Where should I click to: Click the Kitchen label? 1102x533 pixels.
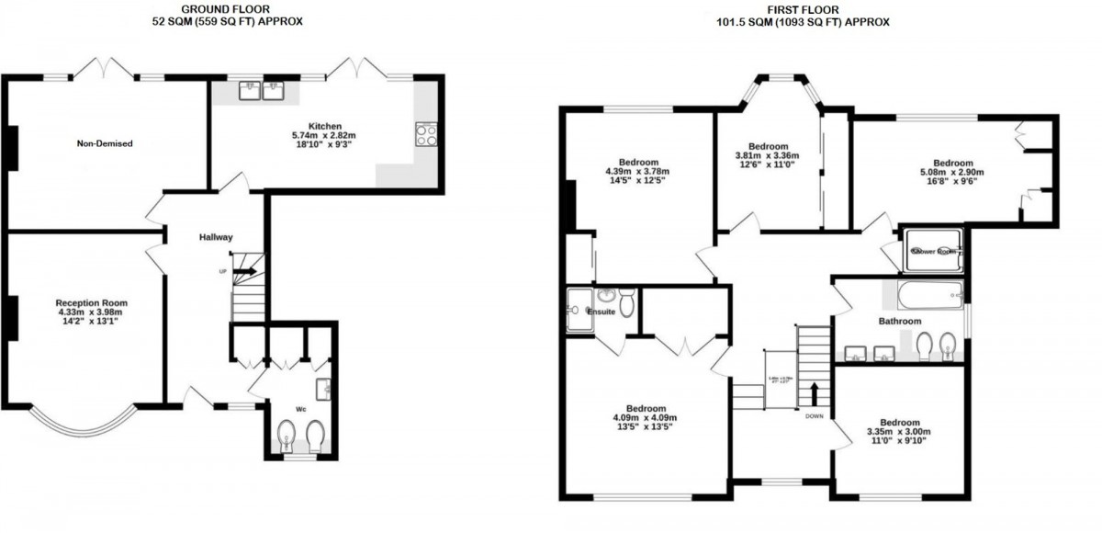point(325,126)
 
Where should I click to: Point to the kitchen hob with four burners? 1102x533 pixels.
point(427,135)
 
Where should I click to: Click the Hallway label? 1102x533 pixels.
point(217,237)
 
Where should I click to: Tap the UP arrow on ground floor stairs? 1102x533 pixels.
point(245,271)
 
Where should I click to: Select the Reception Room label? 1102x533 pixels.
point(91,302)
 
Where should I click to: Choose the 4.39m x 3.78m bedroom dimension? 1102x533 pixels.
point(636,171)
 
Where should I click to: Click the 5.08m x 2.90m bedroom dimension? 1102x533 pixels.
point(952,172)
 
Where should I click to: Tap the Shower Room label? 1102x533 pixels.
point(933,250)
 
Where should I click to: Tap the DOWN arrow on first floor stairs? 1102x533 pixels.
point(813,393)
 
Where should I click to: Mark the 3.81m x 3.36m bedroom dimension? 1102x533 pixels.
point(768,155)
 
